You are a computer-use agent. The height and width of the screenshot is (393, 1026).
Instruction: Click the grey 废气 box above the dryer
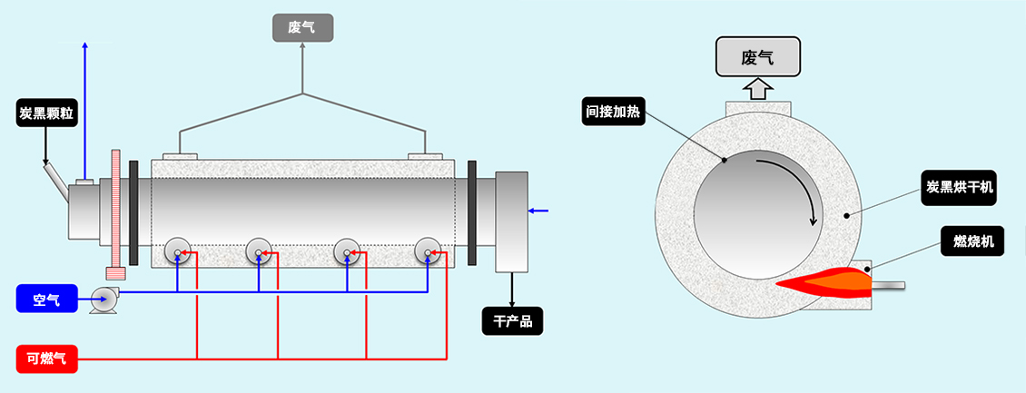[x=302, y=28]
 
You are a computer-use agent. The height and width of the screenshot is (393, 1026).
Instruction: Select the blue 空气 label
[x=46, y=298]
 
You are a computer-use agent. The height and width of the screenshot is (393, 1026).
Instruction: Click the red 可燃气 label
[x=46, y=359]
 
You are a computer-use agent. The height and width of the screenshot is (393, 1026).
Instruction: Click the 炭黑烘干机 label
[x=961, y=187]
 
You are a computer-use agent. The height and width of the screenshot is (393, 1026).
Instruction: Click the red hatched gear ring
[x=115, y=213]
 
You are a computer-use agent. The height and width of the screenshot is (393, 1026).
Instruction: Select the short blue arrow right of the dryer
[x=538, y=211]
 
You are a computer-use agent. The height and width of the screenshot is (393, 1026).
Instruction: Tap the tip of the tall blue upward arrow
[x=85, y=44]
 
